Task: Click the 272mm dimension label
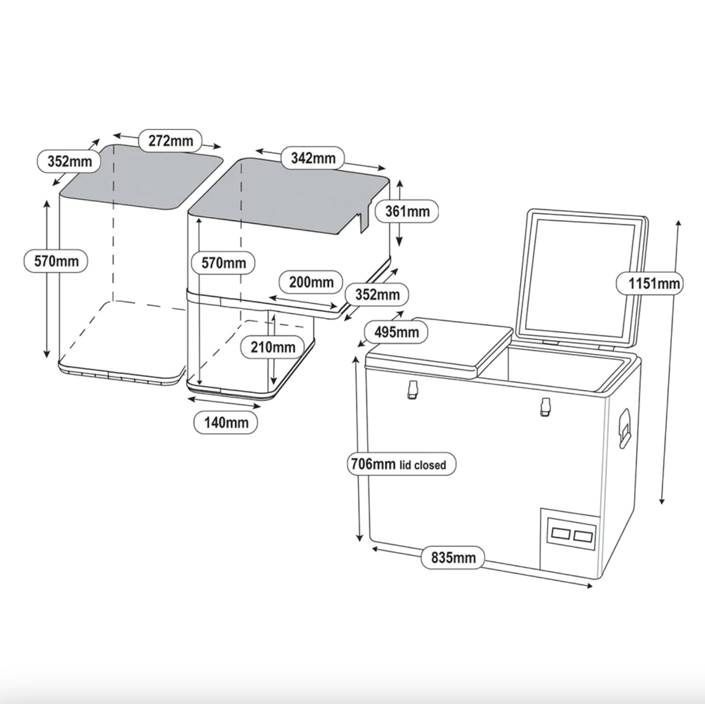170,141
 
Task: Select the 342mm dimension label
313,158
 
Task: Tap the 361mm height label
407,211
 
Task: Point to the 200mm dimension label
311,282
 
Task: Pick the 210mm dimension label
273,347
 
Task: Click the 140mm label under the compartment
226,422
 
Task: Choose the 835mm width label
453,557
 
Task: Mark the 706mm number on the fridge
373,464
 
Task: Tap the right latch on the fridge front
546,407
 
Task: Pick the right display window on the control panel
583,537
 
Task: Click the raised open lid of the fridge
585,275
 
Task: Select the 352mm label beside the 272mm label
70,161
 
